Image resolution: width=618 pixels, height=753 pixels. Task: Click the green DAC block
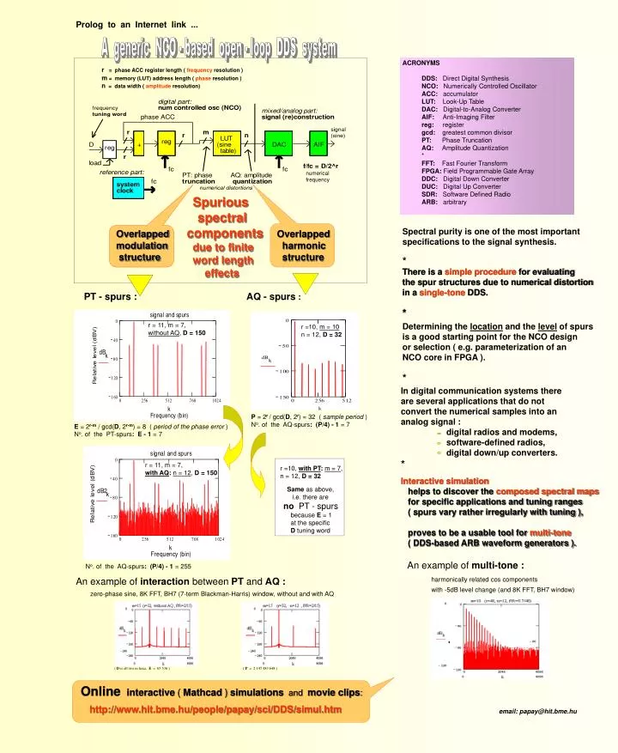[279, 145]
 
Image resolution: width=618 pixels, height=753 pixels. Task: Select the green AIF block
[318, 145]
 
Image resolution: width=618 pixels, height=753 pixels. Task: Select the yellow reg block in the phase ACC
[167, 142]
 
